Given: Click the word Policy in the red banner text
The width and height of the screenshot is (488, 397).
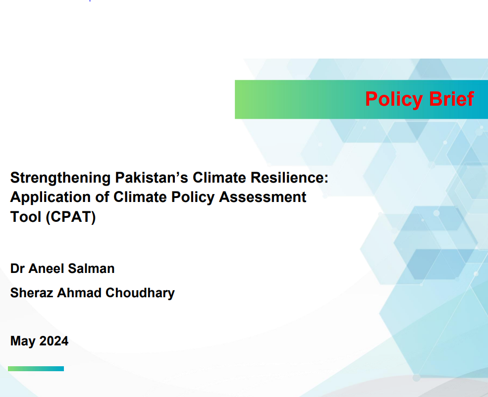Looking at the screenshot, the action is click(x=394, y=100).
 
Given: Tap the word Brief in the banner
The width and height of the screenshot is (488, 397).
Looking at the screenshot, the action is click(x=451, y=99).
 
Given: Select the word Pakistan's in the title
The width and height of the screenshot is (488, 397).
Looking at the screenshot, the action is click(x=152, y=178).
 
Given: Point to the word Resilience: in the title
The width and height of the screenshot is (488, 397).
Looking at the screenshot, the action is click(x=289, y=178).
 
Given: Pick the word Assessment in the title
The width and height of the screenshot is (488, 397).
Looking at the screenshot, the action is click(x=263, y=197).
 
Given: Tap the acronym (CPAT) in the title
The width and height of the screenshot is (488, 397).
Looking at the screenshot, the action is click(x=71, y=217).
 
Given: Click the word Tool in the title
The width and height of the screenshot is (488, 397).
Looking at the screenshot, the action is click(x=26, y=217).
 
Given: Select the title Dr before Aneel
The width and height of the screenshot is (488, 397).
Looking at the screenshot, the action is click(x=17, y=268).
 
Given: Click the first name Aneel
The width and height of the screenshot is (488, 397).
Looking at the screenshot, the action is click(x=46, y=268).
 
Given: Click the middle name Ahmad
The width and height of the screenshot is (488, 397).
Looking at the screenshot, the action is click(x=79, y=293).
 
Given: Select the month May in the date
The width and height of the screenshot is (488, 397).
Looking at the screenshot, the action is click(x=23, y=341).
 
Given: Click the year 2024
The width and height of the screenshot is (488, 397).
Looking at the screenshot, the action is click(x=54, y=341).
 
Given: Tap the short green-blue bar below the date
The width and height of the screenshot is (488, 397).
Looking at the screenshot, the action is click(x=36, y=369).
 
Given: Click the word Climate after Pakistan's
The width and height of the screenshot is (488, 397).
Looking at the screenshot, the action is click(x=219, y=178).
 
